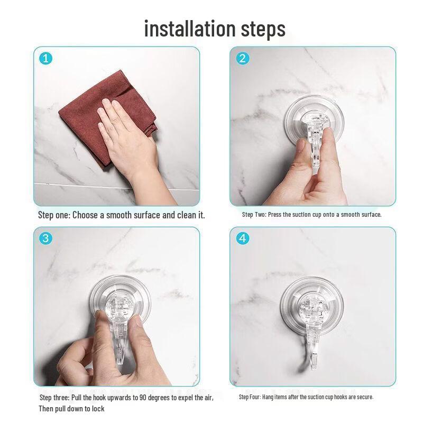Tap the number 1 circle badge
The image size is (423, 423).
coord(47,59)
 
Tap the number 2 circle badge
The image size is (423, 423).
coord(243,59)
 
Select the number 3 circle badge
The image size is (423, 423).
coord(47,238)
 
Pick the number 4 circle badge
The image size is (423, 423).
coord(243,238)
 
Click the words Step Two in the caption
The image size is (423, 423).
coord(254,215)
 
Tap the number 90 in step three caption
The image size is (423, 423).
coord(145,398)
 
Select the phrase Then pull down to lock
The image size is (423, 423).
coord(71,409)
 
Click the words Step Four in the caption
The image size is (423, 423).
coord(252,397)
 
